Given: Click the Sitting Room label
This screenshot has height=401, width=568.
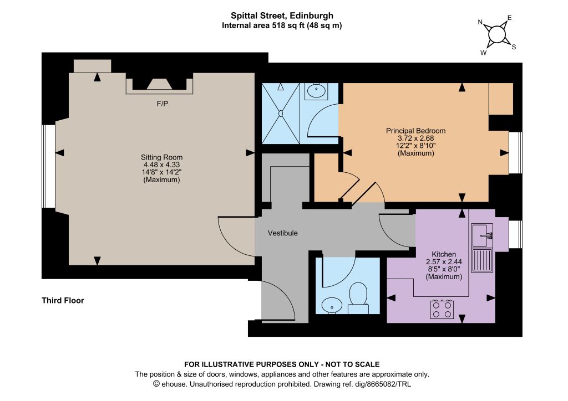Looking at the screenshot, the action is (161, 157).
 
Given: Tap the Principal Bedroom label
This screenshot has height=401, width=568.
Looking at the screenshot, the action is (415, 131).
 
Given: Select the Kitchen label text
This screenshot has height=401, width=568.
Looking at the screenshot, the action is (444, 254).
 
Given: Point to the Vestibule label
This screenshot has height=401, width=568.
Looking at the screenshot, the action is (282, 233).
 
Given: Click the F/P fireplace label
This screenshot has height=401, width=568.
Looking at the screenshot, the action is (163, 104).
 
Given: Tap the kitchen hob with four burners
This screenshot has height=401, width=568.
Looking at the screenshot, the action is (442, 310).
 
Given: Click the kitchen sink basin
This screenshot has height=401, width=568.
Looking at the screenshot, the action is (482, 235).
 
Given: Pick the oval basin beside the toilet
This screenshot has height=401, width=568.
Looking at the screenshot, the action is (332, 305).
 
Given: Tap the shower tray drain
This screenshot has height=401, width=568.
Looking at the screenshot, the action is (280, 113).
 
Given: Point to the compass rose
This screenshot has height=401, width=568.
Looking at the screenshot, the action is (496, 35).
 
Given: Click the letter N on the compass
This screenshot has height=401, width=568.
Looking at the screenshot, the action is (480, 22).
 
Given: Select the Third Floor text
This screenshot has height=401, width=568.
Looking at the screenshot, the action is (63, 301).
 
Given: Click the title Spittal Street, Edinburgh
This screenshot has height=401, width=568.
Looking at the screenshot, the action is (282, 16).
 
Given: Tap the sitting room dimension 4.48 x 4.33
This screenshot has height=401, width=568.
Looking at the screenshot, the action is (161, 164).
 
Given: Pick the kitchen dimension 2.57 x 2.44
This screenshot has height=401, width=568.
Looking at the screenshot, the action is (444, 262).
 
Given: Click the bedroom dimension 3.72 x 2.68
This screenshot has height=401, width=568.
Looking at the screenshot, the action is (415, 138).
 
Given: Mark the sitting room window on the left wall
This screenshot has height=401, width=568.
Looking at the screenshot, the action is (49, 166).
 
